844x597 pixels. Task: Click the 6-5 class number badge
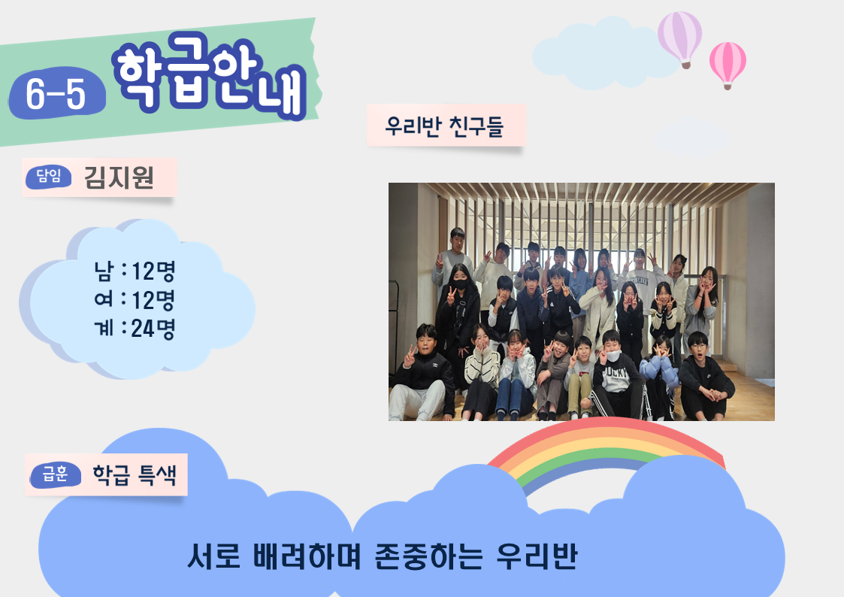point(56,93)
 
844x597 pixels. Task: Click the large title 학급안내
point(210,75)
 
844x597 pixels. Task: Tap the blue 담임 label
point(48,177)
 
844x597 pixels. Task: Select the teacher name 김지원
point(119,177)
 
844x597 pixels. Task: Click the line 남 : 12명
point(135,271)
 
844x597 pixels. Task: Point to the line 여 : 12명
point(135,299)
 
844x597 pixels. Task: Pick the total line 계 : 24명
point(135,328)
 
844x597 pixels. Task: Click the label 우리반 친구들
point(444,126)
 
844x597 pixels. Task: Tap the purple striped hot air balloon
point(680,39)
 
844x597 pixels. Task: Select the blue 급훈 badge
point(56,474)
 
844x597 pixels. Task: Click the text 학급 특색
point(135,474)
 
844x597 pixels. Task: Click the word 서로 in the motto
point(213,556)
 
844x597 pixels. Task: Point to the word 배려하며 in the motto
point(307,556)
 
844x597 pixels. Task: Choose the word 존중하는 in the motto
point(428,556)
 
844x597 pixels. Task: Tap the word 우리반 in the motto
point(537,556)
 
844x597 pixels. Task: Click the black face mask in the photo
point(459,284)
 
